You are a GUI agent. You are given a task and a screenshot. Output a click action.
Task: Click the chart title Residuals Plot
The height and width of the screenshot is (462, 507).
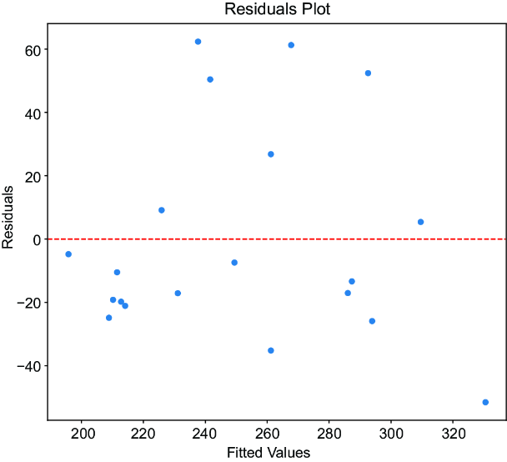[x=277, y=9]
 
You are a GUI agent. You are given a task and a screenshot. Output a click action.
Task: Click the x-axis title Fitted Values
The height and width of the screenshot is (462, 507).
[x=269, y=453]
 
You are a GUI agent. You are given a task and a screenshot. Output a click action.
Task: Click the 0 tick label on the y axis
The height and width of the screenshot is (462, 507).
[x=36, y=240]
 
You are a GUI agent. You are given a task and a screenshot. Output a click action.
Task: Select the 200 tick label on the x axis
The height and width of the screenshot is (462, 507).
[x=83, y=434]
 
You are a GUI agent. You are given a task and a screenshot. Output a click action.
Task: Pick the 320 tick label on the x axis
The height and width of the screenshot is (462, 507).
[x=454, y=434]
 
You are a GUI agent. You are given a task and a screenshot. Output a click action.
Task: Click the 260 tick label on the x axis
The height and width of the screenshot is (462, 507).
[x=268, y=434]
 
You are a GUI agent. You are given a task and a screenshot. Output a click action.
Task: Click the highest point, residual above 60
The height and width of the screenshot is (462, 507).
[x=198, y=42]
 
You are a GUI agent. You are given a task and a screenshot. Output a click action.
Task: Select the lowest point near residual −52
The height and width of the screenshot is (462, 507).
[x=485, y=402]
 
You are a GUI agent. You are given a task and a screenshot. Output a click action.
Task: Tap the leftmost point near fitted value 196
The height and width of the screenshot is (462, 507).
[x=68, y=254]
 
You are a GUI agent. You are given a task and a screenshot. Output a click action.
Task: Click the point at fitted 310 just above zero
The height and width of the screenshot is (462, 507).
[x=420, y=222]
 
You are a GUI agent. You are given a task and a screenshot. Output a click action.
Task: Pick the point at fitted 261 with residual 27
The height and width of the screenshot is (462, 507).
[x=271, y=154]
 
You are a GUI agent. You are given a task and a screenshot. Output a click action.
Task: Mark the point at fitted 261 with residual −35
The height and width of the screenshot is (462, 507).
[x=271, y=350]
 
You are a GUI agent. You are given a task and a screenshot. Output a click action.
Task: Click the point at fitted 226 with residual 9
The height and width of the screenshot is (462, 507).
[x=162, y=210]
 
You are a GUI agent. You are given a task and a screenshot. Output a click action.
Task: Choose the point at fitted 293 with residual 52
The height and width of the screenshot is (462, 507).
[x=368, y=73]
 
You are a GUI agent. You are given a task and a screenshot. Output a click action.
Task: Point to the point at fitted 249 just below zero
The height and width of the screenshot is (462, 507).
[x=234, y=263]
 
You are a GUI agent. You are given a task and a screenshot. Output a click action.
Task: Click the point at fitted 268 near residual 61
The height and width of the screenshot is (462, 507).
[x=291, y=45]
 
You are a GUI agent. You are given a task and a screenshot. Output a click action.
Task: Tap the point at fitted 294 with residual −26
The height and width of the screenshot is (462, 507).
[x=372, y=321]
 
